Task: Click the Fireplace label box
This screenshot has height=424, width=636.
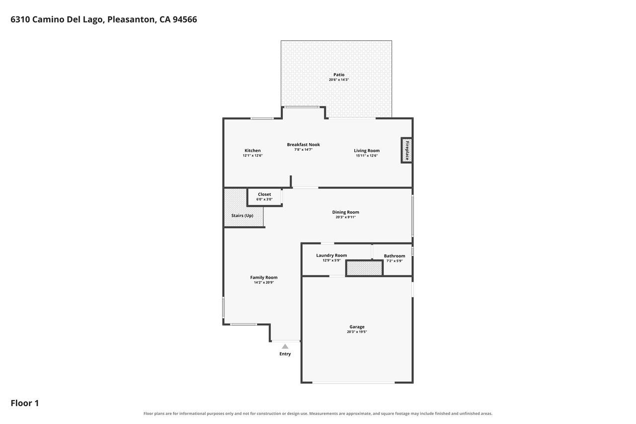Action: click(407, 150)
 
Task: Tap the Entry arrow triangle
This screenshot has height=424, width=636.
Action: click(285, 346)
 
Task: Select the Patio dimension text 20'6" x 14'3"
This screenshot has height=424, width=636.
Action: click(339, 80)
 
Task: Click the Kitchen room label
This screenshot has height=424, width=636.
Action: click(252, 151)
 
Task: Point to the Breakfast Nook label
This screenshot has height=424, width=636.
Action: click(303, 145)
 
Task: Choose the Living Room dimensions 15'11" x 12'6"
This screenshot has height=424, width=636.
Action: click(367, 156)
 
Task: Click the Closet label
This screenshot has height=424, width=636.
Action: click(264, 194)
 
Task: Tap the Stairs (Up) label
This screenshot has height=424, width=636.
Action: click(242, 216)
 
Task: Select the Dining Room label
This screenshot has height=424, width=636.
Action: click(345, 212)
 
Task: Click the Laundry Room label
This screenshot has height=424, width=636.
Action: click(331, 255)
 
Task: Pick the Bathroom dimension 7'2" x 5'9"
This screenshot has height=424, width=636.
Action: click(395, 261)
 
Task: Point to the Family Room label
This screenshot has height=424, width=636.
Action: click(264, 277)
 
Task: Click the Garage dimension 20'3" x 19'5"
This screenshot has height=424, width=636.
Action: click(357, 332)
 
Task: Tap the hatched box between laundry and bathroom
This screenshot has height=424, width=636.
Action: click(364, 268)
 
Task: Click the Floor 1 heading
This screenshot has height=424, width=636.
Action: click(25, 403)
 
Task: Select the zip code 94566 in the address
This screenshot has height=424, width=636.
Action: click(185, 19)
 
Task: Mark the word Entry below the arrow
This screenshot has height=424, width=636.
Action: click(285, 354)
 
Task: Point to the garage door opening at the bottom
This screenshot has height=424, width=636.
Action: click(353, 383)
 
